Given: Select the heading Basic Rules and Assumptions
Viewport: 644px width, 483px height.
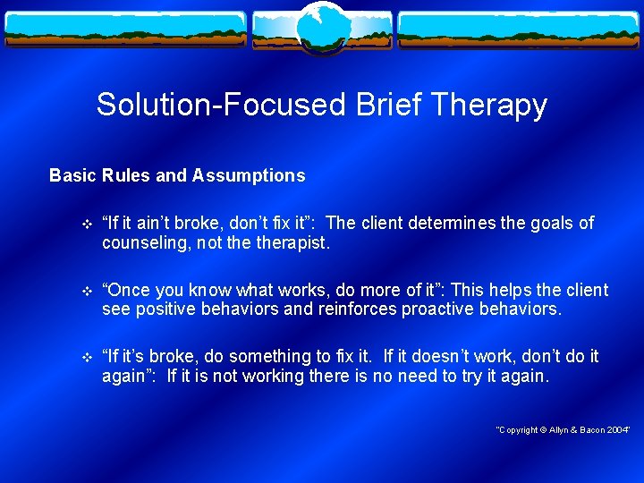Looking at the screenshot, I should (177, 176).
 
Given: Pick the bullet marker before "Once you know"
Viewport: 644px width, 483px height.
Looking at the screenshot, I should (86, 292).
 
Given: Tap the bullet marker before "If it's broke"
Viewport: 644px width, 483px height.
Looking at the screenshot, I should (86, 358).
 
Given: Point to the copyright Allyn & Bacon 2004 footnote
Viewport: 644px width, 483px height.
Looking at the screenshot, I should (563, 430).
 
